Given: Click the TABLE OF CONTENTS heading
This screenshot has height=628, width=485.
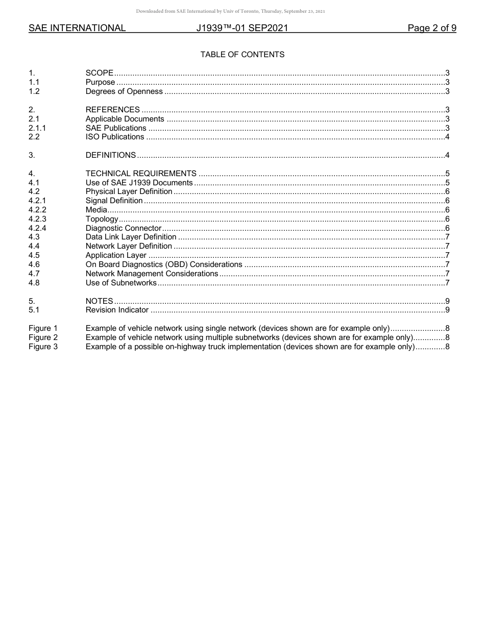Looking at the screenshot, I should pos(242,55).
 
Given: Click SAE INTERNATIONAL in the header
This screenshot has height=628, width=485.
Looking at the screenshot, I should pos(77,29).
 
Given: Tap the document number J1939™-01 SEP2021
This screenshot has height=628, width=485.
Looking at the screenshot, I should pos(242,29).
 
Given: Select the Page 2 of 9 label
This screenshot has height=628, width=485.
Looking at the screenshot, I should pos(431,29).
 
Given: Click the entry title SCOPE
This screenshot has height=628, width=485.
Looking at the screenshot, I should pos(100,73).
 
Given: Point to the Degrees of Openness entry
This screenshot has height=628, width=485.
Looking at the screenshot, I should pos(124,91).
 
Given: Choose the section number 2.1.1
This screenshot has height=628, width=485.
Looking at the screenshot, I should pos(37,128).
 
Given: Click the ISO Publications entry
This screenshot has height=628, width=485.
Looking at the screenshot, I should pos(115,137).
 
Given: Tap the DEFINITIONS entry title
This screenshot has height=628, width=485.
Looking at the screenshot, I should pos(111,155).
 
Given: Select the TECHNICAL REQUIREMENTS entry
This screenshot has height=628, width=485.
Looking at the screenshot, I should pos(141,174).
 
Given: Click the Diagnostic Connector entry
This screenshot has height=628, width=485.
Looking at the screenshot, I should pos(124,228).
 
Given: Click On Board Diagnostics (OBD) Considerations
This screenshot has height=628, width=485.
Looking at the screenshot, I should pos(164,264).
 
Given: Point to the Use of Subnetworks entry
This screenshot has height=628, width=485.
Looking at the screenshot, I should pos(121,283).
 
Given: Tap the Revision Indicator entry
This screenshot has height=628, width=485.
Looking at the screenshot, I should pos(117,310).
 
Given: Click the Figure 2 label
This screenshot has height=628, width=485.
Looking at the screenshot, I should pos(43,337).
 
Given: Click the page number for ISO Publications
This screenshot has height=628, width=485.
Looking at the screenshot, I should pos(447,137).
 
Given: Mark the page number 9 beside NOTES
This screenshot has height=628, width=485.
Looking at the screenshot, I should pos(447,301).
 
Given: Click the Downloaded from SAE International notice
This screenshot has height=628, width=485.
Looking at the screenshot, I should pos(230,11).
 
